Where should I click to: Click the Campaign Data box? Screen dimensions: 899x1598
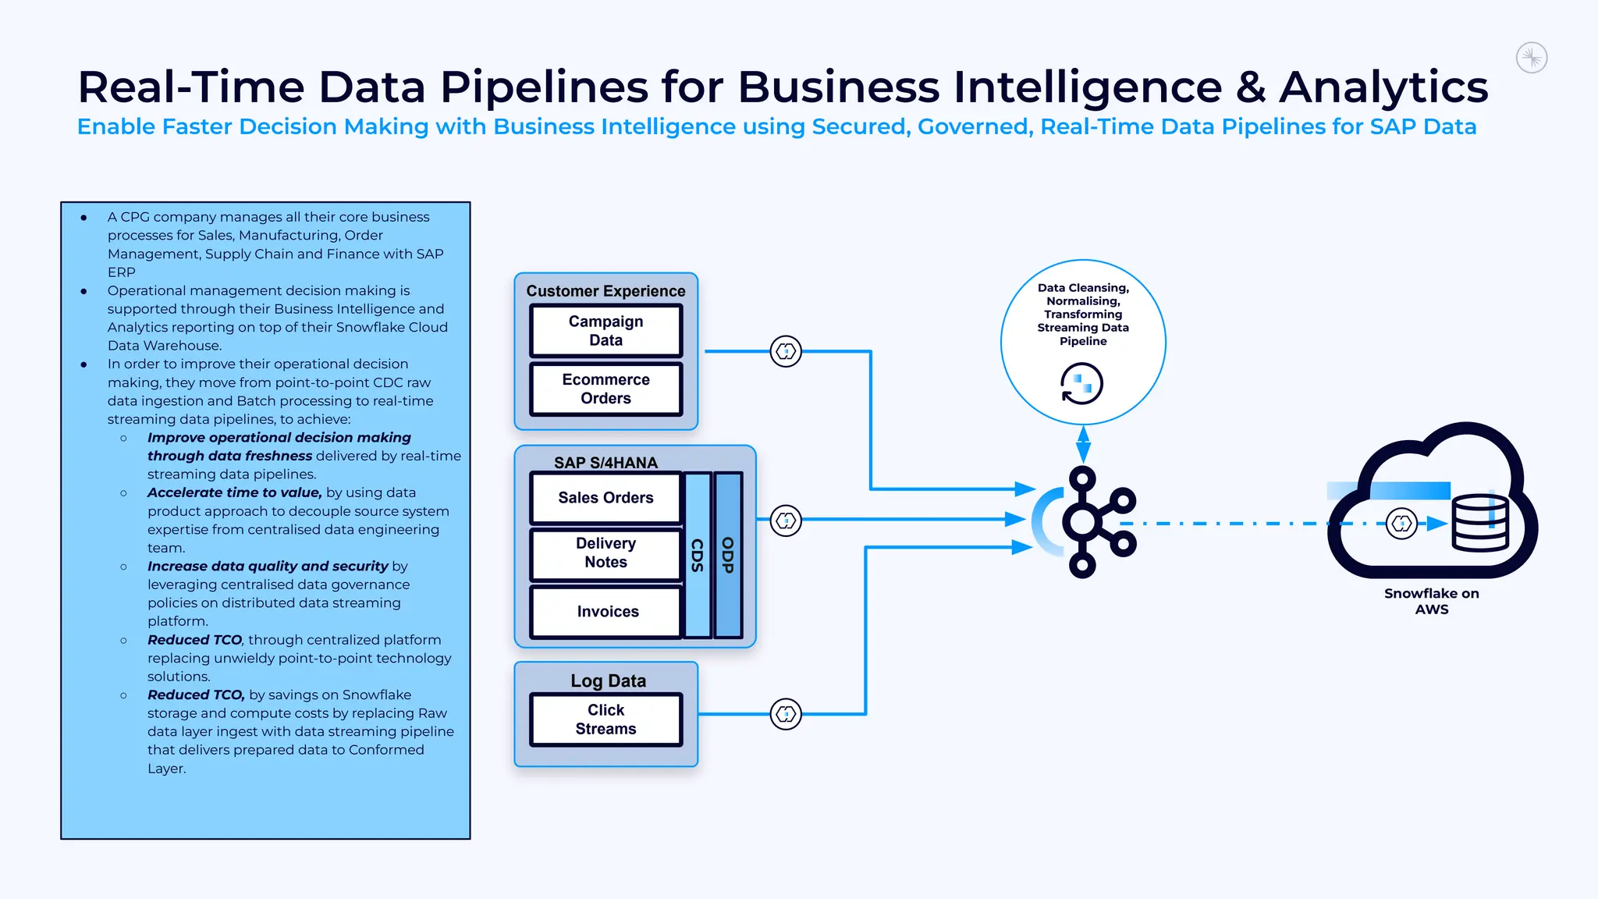[x=605, y=331]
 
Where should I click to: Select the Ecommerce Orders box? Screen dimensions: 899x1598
[x=605, y=389]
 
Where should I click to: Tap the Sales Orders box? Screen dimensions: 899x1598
[x=605, y=498]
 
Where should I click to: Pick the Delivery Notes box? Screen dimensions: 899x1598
[x=605, y=553]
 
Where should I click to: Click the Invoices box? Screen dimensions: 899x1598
[x=607, y=612]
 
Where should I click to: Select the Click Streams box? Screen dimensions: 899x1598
[x=605, y=720]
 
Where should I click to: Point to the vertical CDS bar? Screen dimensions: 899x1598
[x=698, y=555]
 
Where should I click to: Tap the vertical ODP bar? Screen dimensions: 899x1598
[x=728, y=555]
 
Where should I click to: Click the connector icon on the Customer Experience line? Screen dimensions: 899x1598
[x=786, y=352]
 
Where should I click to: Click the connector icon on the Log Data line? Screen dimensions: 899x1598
[x=786, y=714]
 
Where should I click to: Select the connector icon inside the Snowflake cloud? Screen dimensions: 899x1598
[x=1401, y=524]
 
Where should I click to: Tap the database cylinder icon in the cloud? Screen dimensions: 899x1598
[x=1479, y=524]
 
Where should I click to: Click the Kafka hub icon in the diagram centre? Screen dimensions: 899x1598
[x=1085, y=522]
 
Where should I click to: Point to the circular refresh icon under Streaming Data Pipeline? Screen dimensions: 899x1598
[x=1081, y=384]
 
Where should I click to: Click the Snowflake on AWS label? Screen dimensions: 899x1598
[x=1431, y=601]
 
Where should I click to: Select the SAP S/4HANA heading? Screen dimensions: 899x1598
[x=605, y=463]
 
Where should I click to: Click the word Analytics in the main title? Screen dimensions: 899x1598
[x=1383, y=87]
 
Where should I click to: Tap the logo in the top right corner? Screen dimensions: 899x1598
[x=1532, y=58]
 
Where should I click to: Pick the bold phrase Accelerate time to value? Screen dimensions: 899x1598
[x=234, y=492]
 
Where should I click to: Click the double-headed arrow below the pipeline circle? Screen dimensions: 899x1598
[x=1083, y=445]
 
